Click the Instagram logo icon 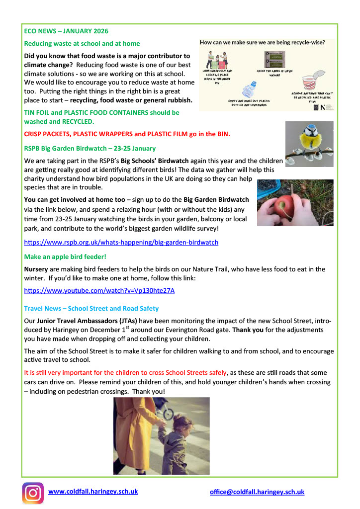coord(33,493)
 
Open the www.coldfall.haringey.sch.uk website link coord(93,492)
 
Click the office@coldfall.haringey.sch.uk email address coord(257,492)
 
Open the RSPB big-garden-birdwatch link coord(121,243)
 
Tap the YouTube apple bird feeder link coord(99,290)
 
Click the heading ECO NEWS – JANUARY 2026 coord(66,31)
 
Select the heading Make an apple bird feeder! coord(65,257)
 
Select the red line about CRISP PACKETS coord(127,134)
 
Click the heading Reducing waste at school coord(82,44)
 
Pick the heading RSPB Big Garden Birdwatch coord(90,148)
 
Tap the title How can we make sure coord(263,43)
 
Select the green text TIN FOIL coord(39,113)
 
